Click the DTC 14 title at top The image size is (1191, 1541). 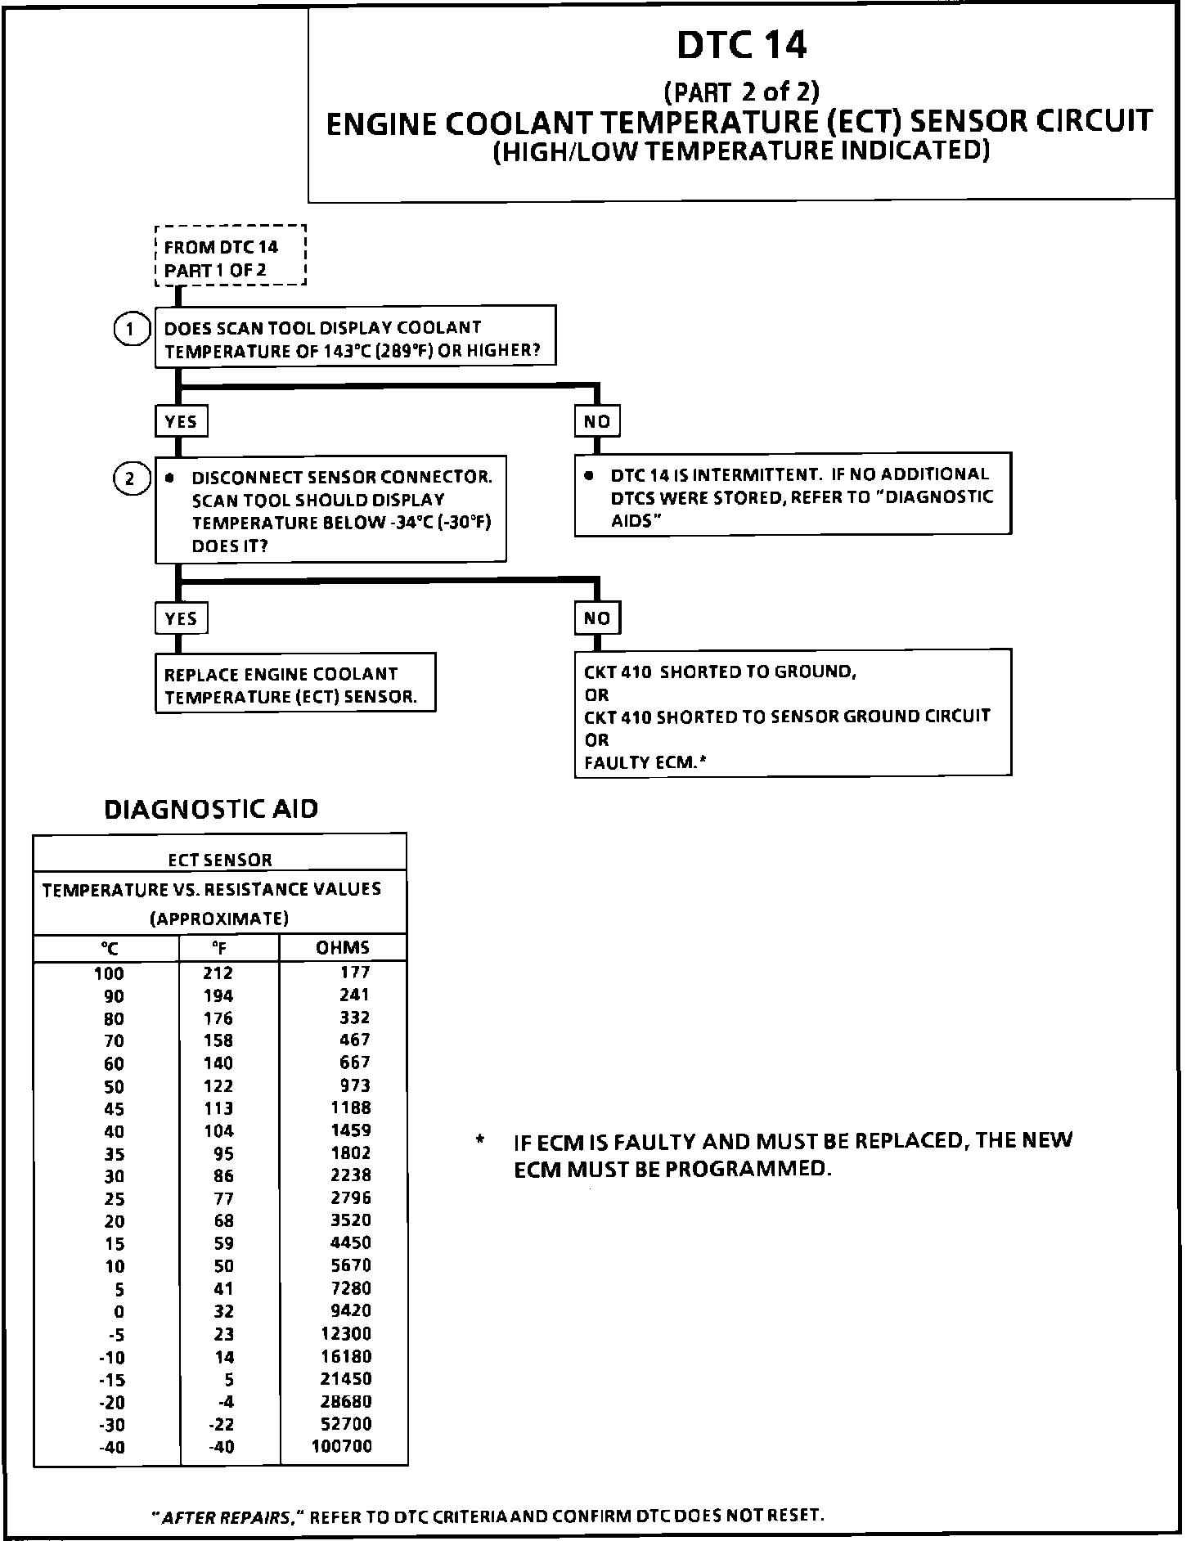pos(741,46)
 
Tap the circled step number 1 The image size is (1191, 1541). pos(130,330)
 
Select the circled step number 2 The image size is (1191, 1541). pos(130,478)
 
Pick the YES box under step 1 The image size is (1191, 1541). pos(181,421)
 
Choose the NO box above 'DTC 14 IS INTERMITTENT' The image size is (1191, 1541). pos(597,421)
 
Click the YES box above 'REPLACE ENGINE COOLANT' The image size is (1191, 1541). pos(181,618)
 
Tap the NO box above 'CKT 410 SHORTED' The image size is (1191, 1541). pos(597,618)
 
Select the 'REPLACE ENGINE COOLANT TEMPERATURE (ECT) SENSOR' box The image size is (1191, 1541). pos(294,685)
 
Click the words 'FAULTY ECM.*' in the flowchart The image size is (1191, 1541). pos(645,762)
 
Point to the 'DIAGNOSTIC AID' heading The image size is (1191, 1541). pos(211,809)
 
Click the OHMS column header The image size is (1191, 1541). pos(343,948)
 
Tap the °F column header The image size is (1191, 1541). pos(219,948)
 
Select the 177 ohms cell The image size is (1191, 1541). pos(355,973)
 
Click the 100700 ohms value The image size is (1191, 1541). pos(342,1446)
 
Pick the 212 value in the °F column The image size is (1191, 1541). pos(218,973)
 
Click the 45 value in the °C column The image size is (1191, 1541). pos(114,1109)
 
